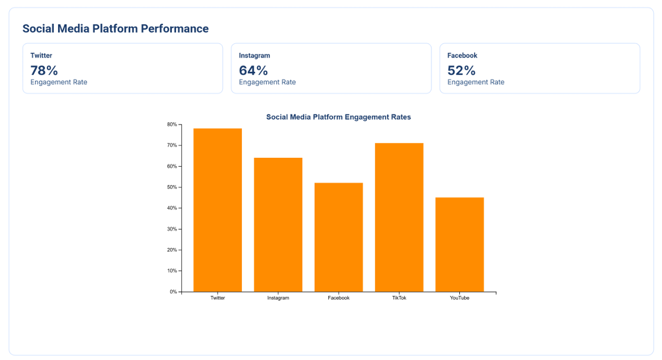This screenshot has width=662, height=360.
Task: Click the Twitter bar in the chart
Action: [218, 210]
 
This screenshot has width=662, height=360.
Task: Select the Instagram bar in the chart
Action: [278, 225]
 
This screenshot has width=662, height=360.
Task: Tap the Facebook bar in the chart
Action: [338, 237]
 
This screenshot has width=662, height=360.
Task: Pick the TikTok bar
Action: [399, 217]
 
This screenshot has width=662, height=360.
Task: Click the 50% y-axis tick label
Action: [172, 187]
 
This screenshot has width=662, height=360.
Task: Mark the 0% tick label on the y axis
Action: [173, 292]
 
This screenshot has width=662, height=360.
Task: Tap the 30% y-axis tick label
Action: [172, 229]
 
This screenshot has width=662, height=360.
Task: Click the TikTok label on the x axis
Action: [399, 298]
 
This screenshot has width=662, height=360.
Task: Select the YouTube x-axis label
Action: [459, 298]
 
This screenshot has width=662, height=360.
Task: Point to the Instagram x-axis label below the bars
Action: [278, 298]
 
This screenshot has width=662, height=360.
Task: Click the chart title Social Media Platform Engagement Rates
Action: [338, 117]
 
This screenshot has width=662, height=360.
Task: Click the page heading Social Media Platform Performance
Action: [116, 28]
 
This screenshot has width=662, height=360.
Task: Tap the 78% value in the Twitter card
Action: [44, 71]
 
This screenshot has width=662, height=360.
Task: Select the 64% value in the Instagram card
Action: [253, 71]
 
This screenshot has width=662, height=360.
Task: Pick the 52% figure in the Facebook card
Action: [462, 71]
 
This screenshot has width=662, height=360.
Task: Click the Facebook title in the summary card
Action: [462, 56]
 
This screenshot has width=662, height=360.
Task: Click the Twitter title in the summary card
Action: [41, 56]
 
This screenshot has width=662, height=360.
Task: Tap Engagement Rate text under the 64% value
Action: [267, 82]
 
